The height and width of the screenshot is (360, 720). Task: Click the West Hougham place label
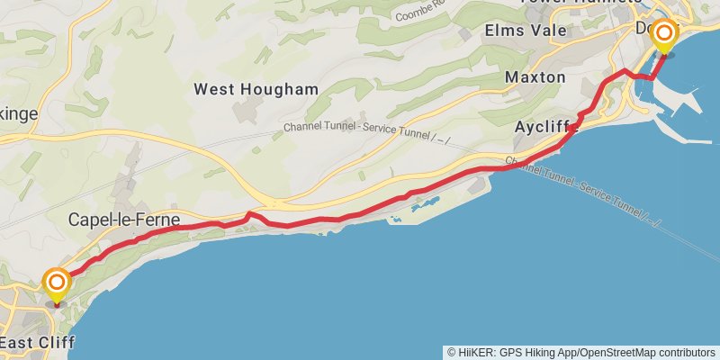click(256, 89)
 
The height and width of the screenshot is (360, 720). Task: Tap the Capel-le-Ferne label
click(124, 220)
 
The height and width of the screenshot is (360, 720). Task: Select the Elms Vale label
click(526, 31)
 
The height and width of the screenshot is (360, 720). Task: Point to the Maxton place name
click(535, 77)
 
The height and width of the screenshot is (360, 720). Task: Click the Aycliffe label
click(544, 127)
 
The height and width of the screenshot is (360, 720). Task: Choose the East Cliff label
click(37, 343)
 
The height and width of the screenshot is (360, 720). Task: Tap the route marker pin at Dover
click(664, 37)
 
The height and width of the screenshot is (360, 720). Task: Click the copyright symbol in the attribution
click(451, 352)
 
